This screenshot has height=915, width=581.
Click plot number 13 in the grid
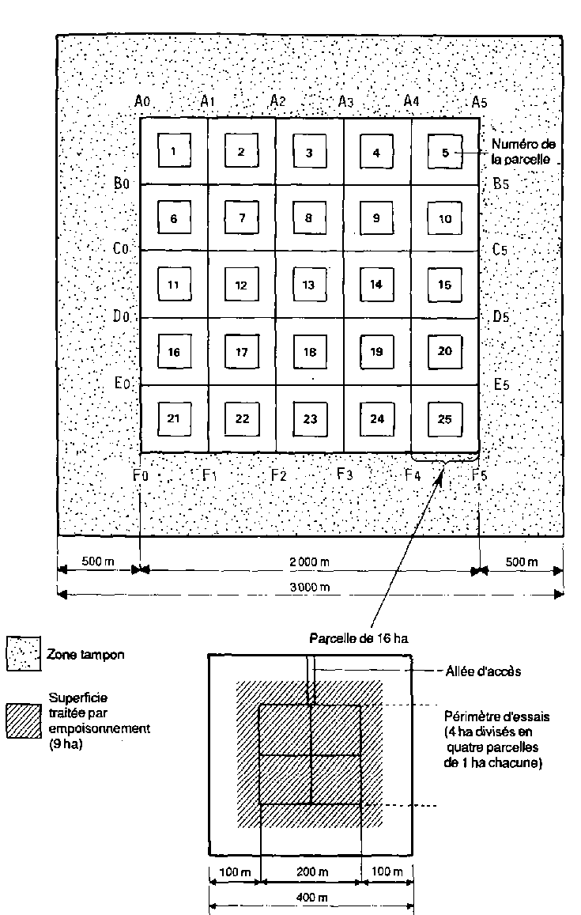tap(309, 284)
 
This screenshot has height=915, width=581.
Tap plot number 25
tap(445, 418)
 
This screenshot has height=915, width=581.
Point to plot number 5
tap(445, 152)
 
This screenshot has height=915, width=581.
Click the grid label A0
tap(142, 101)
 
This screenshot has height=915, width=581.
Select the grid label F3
tap(345, 475)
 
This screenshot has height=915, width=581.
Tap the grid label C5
tap(500, 250)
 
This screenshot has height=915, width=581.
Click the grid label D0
tap(121, 317)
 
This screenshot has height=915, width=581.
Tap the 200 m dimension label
tap(311, 872)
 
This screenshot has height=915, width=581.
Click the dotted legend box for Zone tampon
tap(23, 654)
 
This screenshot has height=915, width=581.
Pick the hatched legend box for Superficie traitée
tap(23, 720)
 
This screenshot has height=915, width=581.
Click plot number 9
tap(376, 217)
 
